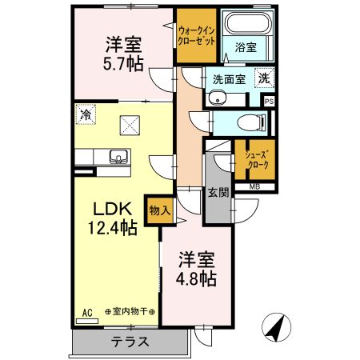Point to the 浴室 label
click(x=246, y=48)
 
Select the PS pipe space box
click(x=269, y=101)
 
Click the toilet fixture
click(x=253, y=122)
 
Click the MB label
click(x=254, y=187)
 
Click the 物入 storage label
click(x=159, y=210)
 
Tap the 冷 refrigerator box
click(x=85, y=115)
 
